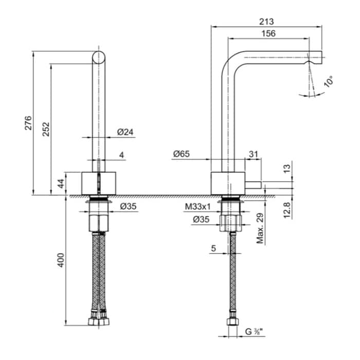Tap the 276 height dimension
pyautogui.click(x=29, y=123)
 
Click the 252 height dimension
pyautogui.click(x=46, y=129)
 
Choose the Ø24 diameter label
pyautogui.click(x=125, y=132)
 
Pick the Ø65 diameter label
pyautogui.click(x=182, y=154)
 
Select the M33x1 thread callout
pyautogui.click(x=198, y=207)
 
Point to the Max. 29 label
pyautogui.click(x=261, y=228)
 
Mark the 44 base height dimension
pyautogui.click(x=61, y=184)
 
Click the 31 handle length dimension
pyautogui.click(x=253, y=154)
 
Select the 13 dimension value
pyautogui.click(x=288, y=168)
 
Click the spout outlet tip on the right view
pyautogui.click(x=315, y=57)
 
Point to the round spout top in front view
pyautogui.click(x=100, y=57)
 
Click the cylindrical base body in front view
pyautogui.click(x=100, y=184)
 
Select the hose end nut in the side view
pyautogui.click(x=233, y=321)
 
